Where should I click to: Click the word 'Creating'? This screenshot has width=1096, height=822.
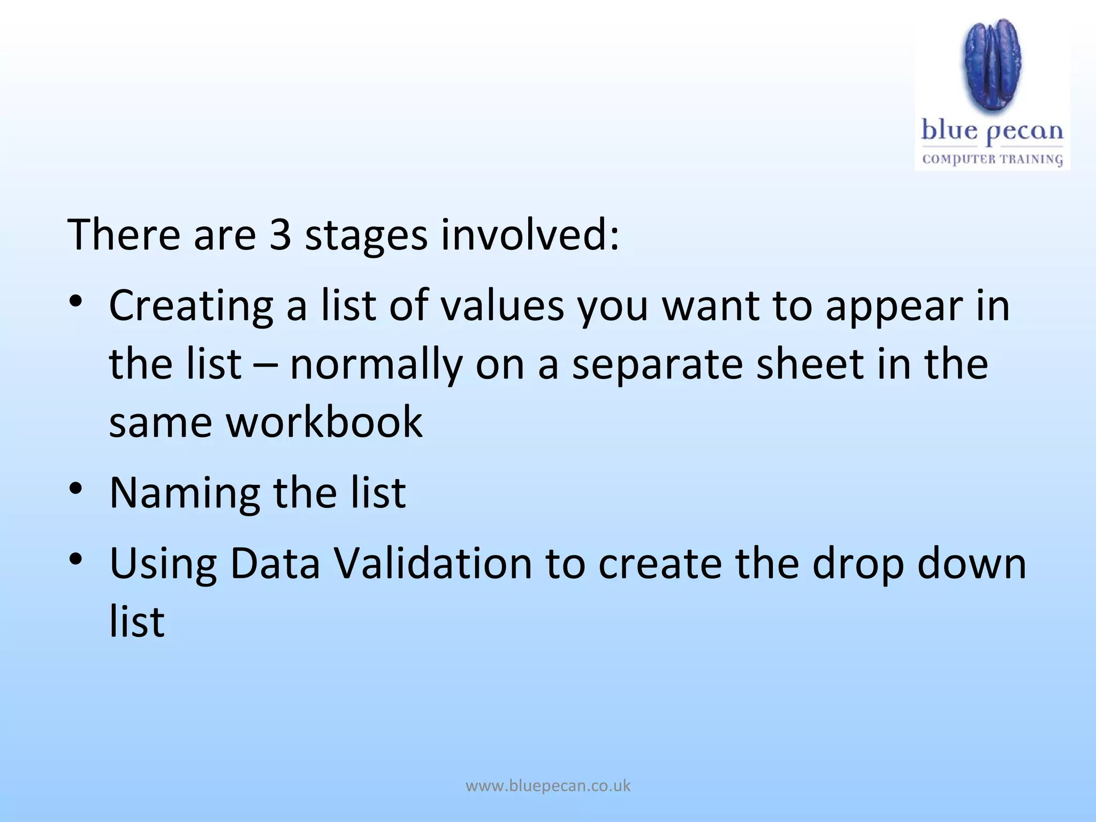(191, 306)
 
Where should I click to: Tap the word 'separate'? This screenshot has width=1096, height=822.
(657, 365)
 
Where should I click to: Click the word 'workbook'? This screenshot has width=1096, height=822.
(324, 422)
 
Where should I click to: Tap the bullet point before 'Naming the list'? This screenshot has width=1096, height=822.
(75, 488)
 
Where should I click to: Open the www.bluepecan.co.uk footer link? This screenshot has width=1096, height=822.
(548, 786)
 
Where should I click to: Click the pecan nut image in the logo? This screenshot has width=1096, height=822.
(993, 67)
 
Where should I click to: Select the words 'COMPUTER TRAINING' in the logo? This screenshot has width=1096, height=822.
(992, 159)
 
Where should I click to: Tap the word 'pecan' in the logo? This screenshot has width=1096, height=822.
(1024, 132)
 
